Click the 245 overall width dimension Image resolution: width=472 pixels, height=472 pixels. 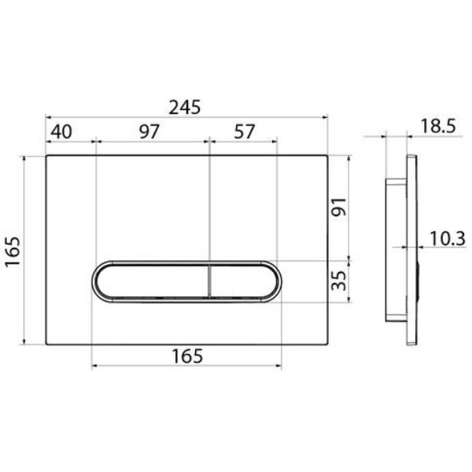(x=185, y=107)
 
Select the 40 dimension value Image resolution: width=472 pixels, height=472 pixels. (x=61, y=131)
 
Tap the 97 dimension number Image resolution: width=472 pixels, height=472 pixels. (x=149, y=131)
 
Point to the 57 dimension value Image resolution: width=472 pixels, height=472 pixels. (x=245, y=131)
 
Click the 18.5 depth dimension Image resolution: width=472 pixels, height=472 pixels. (x=438, y=126)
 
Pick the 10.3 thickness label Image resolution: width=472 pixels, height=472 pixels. (x=448, y=238)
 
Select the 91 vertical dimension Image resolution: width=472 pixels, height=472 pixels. (x=339, y=207)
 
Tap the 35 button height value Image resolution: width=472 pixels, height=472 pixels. (x=339, y=281)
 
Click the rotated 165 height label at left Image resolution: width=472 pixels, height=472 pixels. (x=13, y=252)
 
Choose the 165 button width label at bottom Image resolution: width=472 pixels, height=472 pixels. (x=187, y=356)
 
